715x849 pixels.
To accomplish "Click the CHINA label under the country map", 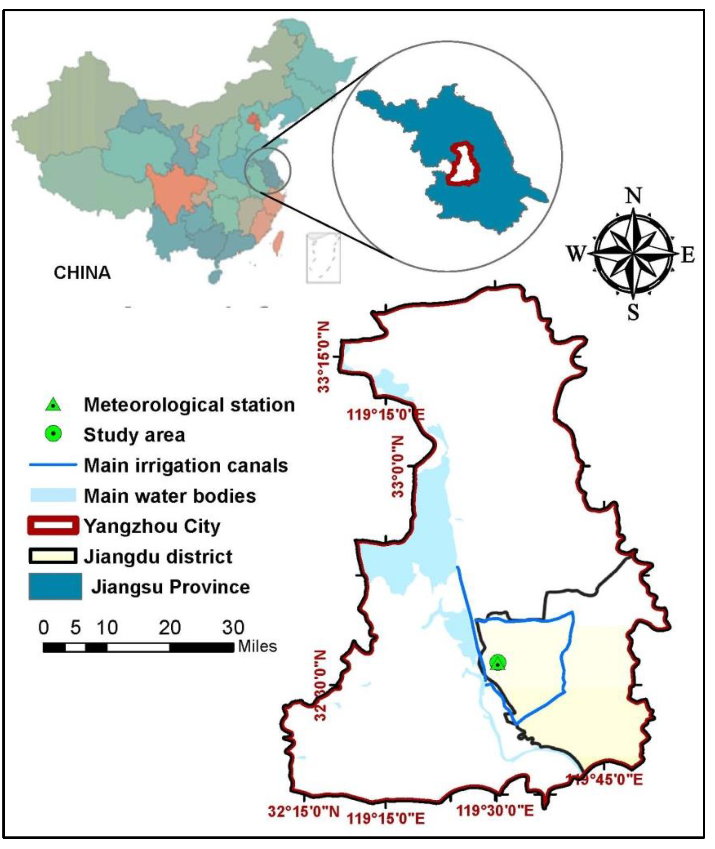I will [82, 273].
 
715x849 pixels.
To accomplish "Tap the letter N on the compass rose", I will [633, 196].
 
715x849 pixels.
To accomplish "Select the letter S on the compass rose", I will [633, 312].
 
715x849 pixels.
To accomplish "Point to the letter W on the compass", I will [576, 254].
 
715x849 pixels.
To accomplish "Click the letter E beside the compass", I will [688, 255].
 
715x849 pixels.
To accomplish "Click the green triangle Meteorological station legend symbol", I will [53, 405].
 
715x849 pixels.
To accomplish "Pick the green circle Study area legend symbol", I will [53, 434].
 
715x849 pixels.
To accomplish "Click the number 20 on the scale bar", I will [169, 628].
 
